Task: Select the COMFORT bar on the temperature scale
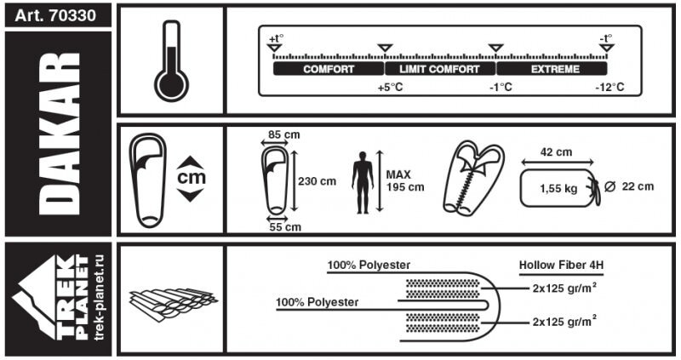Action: coord(329,69)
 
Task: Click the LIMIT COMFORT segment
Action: coord(439,69)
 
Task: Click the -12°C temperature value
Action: coord(609,88)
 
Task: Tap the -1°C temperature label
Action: coord(500,88)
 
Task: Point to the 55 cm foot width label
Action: coord(284,227)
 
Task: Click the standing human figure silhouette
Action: coord(363,182)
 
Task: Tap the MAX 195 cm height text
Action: coord(405,181)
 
